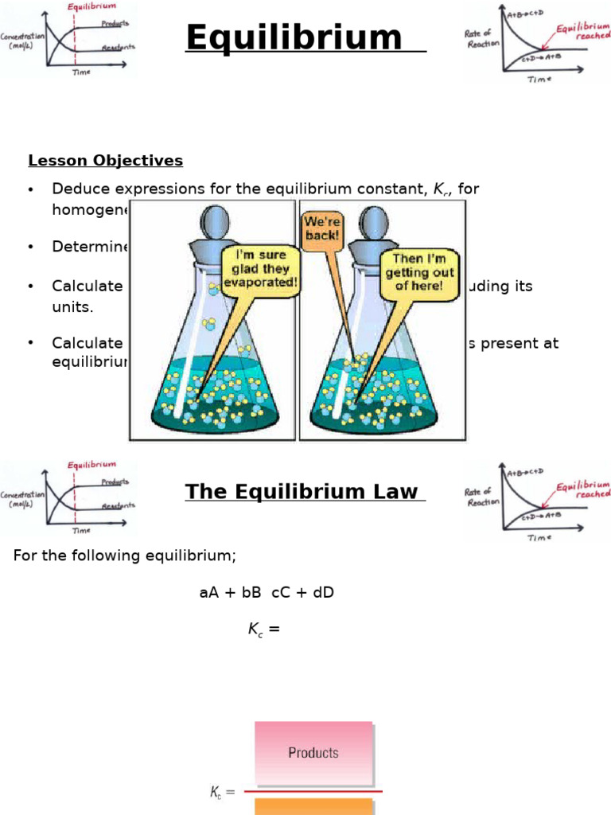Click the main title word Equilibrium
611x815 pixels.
click(x=294, y=38)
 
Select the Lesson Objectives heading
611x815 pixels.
click(x=105, y=161)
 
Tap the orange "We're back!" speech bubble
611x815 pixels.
click(x=321, y=229)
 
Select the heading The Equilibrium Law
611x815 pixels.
click(x=302, y=492)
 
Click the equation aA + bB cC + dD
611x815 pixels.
click(x=267, y=593)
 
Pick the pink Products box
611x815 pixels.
click(x=313, y=752)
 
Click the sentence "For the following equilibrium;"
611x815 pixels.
click(x=125, y=556)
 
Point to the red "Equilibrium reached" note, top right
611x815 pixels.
click(x=583, y=35)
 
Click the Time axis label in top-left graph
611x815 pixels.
click(x=81, y=72)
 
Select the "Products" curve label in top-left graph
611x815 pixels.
click(x=115, y=24)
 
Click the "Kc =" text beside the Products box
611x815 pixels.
click(x=222, y=792)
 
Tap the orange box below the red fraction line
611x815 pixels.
click(x=313, y=805)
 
